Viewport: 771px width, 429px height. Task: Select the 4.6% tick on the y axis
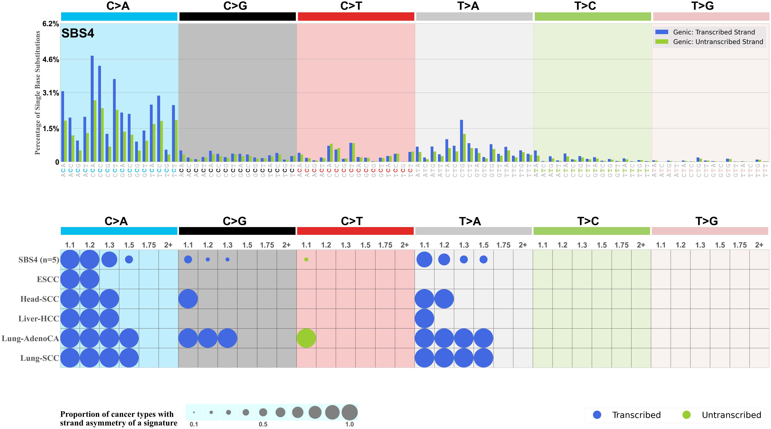tap(51, 60)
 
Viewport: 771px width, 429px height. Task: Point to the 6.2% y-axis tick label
tap(51, 24)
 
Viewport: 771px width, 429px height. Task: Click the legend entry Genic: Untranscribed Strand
tap(718, 42)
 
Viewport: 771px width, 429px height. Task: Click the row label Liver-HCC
tap(39, 319)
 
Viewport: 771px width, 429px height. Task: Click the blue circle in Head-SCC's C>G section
tap(188, 299)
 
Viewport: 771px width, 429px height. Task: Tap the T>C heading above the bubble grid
tap(588, 221)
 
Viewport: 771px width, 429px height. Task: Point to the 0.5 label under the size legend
tap(263, 424)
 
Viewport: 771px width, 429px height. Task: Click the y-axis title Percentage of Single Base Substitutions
tap(37, 93)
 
